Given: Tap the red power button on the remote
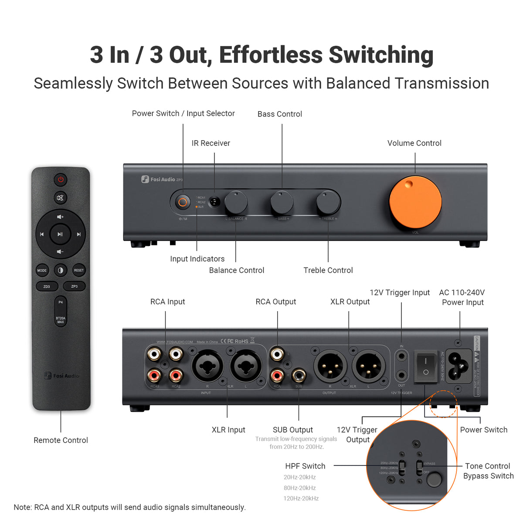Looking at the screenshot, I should pyautogui.click(x=61, y=179).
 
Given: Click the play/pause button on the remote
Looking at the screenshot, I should pyautogui.click(x=60, y=234).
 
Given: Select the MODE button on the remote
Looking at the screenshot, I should pyautogui.click(x=42, y=270).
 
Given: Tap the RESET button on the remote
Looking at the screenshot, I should pyautogui.click(x=79, y=270).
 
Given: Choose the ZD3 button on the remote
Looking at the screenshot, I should pyautogui.click(x=47, y=286).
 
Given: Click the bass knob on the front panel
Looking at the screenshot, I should pyautogui.click(x=282, y=202).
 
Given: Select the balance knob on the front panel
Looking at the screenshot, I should pyautogui.click(x=236, y=202).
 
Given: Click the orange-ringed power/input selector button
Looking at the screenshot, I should pyautogui.click(x=183, y=202).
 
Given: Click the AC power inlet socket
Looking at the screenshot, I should pyautogui.click(x=458, y=366).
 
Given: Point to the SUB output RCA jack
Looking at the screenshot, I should pyautogui.click(x=299, y=375).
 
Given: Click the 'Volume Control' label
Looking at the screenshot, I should pyautogui.click(x=414, y=143).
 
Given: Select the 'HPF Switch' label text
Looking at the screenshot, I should pyautogui.click(x=305, y=466).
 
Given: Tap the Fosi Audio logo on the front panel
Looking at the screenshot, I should pyautogui.click(x=160, y=179).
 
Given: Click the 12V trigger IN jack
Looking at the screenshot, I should pyautogui.click(x=401, y=357).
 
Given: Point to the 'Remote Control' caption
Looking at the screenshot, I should pyautogui.click(x=61, y=440).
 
